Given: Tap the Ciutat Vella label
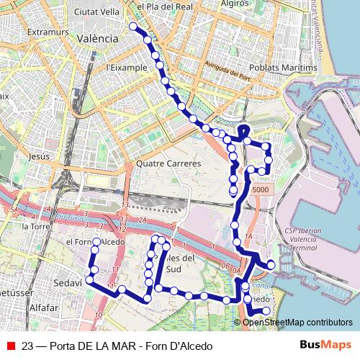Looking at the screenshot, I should (x=97, y=12).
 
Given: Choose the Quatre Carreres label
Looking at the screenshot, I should (x=168, y=163).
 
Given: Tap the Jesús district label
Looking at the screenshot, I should (x=39, y=156).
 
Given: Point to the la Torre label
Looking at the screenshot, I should (x=35, y=226).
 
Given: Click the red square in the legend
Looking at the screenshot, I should (x=10, y=344).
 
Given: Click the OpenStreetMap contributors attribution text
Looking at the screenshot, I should (x=297, y=322).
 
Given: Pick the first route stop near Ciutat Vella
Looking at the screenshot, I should (x=133, y=26).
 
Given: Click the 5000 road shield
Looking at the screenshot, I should (x=260, y=189).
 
